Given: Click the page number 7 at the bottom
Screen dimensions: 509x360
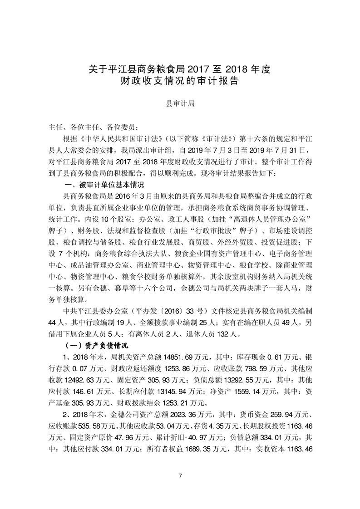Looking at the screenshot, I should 180,475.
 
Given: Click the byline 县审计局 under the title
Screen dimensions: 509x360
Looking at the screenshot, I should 180,104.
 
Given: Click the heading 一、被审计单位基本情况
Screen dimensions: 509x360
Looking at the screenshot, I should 105,185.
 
